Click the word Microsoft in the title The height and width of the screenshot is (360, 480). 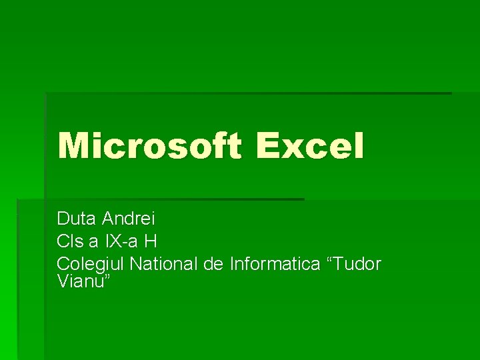coord(148,145)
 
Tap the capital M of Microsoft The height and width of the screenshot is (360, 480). coord(72,145)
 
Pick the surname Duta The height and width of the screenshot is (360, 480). coord(77,218)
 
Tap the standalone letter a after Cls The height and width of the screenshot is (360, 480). coord(93,241)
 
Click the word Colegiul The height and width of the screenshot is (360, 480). coord(91,264)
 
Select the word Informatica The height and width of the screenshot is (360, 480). coord(275,264)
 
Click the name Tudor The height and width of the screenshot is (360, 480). coord(357,264)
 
